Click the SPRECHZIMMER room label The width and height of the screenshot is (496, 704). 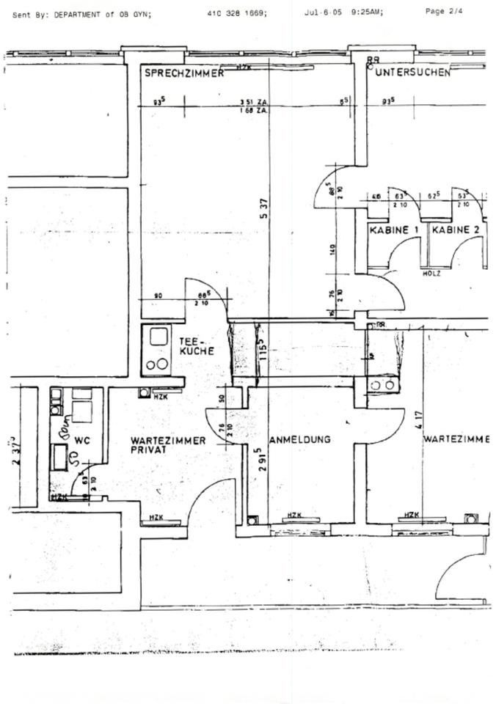183,73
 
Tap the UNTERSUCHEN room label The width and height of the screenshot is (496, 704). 412,73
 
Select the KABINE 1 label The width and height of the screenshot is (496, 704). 395,230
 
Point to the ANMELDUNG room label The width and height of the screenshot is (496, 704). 300,440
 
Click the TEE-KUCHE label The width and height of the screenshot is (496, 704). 196,346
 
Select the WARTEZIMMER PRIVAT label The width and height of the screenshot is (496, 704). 168,445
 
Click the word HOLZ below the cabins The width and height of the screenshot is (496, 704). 431,274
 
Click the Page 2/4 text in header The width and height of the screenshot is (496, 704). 444,11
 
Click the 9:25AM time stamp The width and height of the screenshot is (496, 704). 365,12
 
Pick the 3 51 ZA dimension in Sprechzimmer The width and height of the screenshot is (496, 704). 251,103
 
